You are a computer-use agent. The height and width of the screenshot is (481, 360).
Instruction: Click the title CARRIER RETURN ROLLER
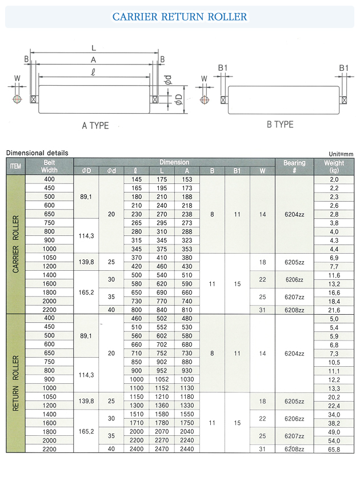coord(179,17)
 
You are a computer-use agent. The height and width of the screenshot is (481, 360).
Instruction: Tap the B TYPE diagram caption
coord(279,125)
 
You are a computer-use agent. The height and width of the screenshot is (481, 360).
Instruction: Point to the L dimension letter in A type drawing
coord(94,49)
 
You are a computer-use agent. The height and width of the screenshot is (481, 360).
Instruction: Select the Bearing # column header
coord(294,166)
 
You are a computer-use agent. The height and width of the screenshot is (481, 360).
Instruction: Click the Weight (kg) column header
coord(334,166)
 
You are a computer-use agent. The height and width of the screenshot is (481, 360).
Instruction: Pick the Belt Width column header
coord(49,166)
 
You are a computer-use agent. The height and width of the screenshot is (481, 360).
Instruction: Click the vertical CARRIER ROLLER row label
coord(16,244)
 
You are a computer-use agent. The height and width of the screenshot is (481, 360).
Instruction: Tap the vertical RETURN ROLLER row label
coord(16,383)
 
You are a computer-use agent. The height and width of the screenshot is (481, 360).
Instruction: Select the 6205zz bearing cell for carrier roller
coord(294,262)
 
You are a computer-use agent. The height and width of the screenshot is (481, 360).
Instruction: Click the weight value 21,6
coord(334,309)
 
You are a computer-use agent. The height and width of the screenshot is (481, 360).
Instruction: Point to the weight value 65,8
coord(334,450)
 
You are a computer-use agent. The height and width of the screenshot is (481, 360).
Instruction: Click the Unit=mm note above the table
coord(341,154)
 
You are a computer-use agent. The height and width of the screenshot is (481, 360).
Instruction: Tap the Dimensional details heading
coord(37,153)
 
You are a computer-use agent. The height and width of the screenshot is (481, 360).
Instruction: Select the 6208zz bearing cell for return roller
coord(294,450)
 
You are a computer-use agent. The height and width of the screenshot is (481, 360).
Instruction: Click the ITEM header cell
coord(16,166)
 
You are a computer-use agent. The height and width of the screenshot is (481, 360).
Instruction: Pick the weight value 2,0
coord(334,179)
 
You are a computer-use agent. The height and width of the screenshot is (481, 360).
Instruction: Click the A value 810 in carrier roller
coord(187,309)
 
